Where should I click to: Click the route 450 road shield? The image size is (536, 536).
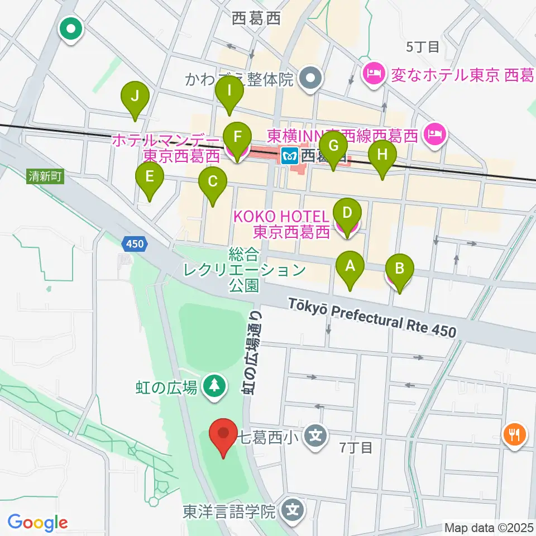(x=135, y=243)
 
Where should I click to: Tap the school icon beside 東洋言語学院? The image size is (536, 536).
(x=291, y=509)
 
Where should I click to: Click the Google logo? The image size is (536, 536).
(x=37, y=523)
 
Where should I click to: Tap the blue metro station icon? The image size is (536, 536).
(x=289, y=155)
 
